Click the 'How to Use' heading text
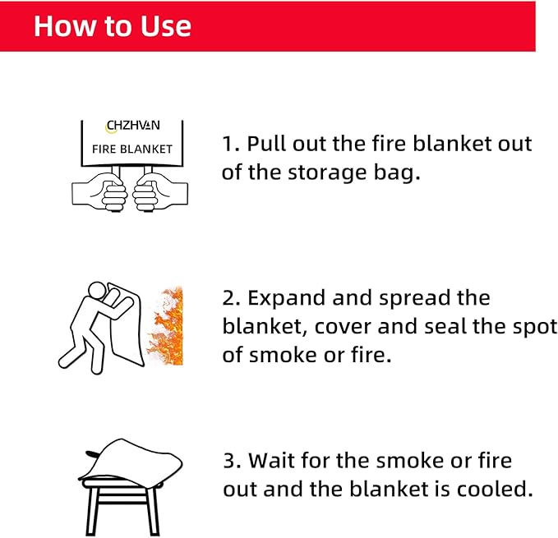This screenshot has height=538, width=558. click(113, 26)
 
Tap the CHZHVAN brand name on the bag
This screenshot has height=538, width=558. click(133, 126)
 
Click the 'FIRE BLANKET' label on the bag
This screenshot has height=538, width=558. click(132, 149)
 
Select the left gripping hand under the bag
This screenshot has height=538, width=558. click(99, 192)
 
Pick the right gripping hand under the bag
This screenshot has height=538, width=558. click(160, 192)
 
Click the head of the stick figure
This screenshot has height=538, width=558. click(98, 292)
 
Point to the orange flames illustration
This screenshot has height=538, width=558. click(166, 325)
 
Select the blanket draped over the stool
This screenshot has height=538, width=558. click(130, 460)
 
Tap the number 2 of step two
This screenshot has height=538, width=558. click(228, 298)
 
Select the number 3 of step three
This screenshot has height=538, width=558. click(228, 461)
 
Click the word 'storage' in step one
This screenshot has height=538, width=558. click(327, 173)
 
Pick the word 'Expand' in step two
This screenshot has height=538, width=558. click(286, 299)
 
